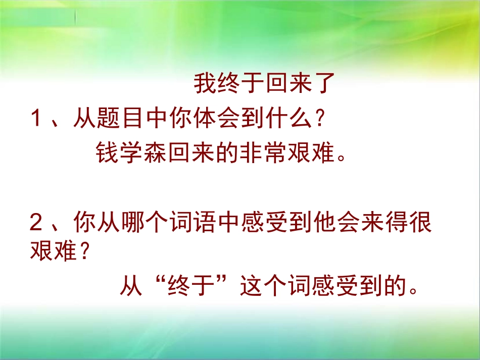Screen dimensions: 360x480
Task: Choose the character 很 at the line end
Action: (420, 223)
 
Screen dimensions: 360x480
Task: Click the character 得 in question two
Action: (396, 223)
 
